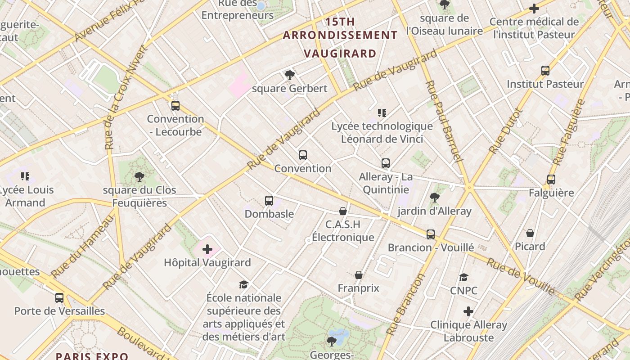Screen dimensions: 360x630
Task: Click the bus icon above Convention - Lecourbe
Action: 175,106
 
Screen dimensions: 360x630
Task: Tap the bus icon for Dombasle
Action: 269,201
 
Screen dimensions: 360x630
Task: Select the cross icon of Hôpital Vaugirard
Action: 207,249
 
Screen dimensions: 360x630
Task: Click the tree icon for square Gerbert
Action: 289,75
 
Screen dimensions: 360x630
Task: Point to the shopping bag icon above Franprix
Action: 359,275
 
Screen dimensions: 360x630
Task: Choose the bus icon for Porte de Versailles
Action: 59,297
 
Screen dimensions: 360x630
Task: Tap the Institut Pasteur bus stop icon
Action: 545,71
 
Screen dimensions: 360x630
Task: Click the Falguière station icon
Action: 551,180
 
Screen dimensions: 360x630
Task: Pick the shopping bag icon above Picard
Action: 530,233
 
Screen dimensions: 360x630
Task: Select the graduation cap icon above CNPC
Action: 464,277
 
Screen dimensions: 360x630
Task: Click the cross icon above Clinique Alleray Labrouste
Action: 468,311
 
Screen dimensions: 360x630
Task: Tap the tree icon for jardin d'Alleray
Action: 434,198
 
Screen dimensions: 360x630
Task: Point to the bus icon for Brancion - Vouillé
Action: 431,234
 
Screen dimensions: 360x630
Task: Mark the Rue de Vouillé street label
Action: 521,276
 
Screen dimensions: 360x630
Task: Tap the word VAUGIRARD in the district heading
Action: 340,54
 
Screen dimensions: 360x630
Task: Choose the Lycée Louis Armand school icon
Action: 25,176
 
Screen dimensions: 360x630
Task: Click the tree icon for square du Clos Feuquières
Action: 139,177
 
